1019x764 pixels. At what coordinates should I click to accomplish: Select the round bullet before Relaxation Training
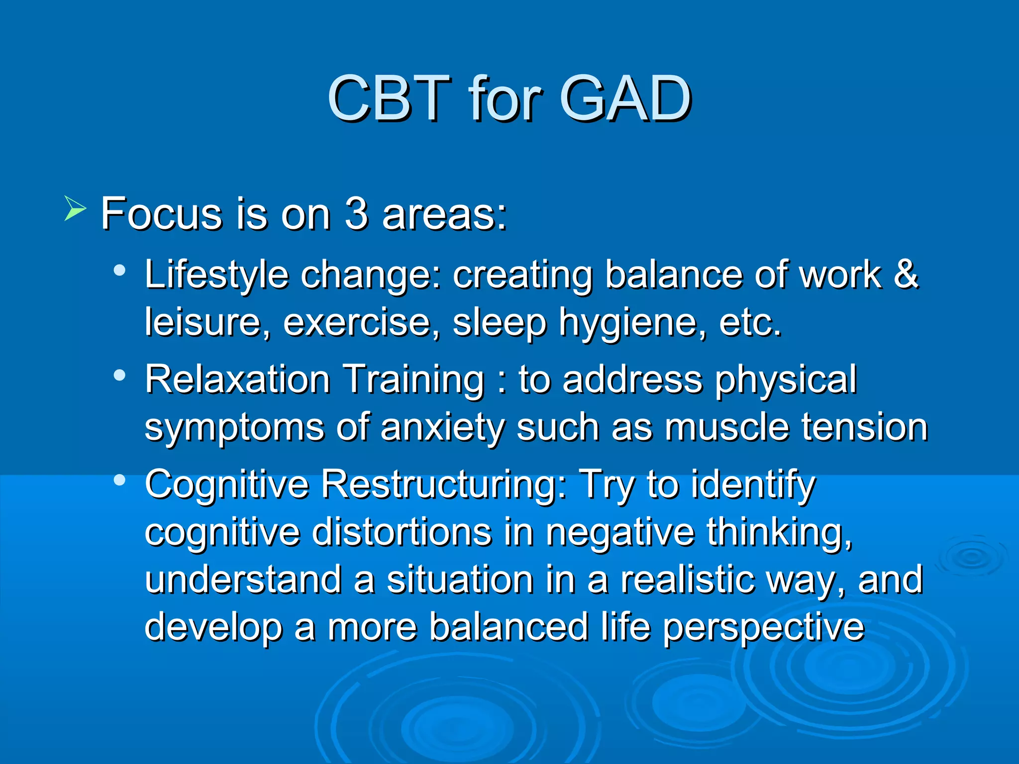119,376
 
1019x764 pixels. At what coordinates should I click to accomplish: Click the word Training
414,380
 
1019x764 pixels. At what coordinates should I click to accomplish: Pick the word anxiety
442,428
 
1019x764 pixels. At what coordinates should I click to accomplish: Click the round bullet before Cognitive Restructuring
119,480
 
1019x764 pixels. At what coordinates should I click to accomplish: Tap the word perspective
764,628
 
